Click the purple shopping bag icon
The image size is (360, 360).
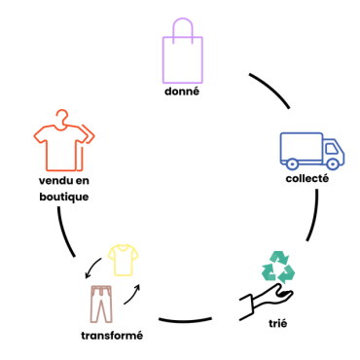[x=182, y=58]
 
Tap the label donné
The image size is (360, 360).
[x=182, y=92]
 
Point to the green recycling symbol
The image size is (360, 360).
[x=279, y=267]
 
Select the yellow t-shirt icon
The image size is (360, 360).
[x=125, y=260]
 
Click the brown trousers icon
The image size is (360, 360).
[x=102, y=305]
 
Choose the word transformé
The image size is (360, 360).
[x=112, y=336]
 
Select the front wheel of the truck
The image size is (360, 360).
[x=332, y=163]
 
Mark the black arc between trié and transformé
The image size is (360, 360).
[x=185, y=319]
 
